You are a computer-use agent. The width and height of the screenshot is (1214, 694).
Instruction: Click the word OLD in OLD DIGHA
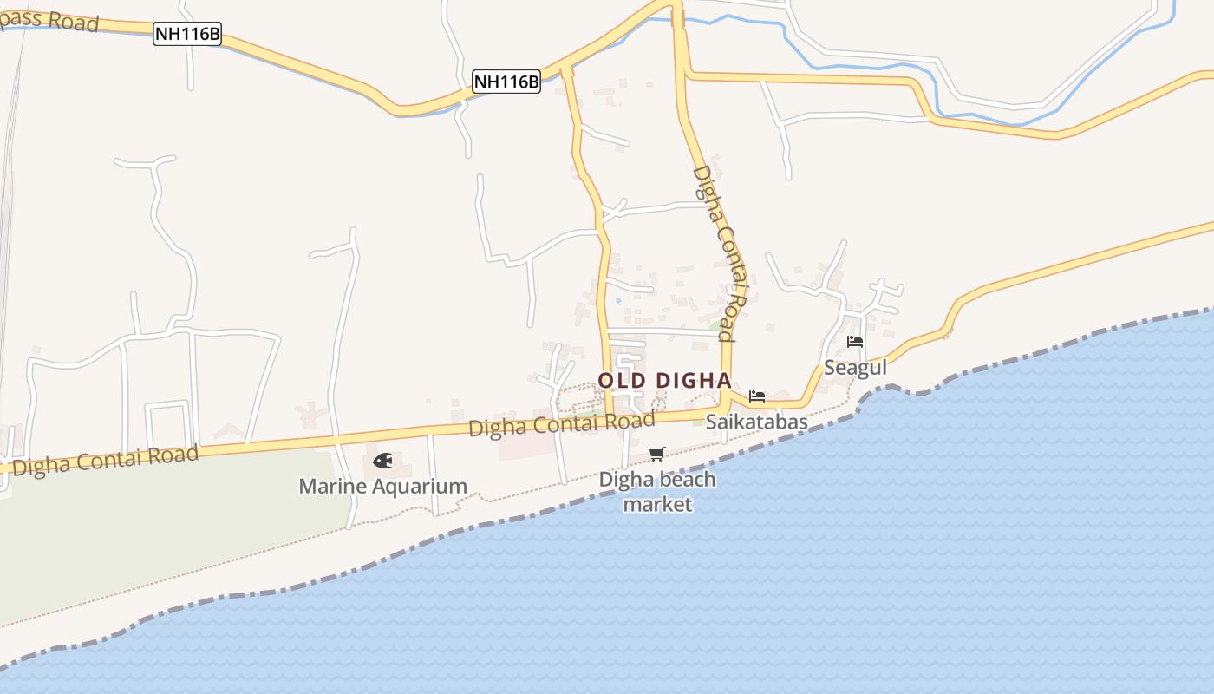click(x=622, y=381)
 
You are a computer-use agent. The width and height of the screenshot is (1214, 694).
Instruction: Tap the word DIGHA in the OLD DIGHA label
click(x=692, y=381)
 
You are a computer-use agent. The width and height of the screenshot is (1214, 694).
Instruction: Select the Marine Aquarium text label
click(x=382, y=487)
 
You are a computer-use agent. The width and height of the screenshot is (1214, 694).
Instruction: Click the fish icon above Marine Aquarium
click(x=382, y=460)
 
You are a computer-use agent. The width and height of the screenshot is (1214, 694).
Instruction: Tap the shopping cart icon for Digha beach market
click(x=657, y=454)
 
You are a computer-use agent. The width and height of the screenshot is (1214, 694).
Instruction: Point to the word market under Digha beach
click(x=657, y=504)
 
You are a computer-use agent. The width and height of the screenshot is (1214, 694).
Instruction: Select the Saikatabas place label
click(x=756, y=422)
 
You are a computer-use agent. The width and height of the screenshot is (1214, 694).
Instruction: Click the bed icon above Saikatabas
click(x=757, y=396)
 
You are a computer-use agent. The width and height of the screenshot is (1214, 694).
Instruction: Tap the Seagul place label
click(x=855, y=368)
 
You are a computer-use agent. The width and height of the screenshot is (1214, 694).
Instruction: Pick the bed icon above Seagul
click(x=855, y=342)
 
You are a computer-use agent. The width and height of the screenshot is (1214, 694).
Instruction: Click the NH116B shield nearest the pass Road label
click(x=187, y=35)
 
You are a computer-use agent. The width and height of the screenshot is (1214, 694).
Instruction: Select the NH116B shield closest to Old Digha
click(x=506, y=82)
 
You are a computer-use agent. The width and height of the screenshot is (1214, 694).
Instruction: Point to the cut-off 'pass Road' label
click(x=49, y=19)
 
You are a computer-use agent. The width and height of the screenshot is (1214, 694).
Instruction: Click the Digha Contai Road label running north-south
click(x=720, y=252)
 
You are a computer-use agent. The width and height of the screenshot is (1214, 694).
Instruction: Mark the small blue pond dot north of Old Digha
click(x=617, y=301)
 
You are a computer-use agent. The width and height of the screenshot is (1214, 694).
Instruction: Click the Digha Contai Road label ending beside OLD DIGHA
click(x=561, y=425)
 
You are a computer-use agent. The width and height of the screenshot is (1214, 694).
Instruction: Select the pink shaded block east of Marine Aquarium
click(x=527, y=445)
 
